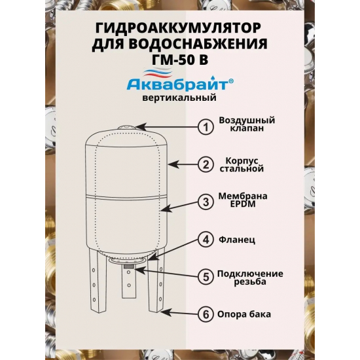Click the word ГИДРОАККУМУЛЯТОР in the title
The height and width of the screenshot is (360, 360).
click(179, 29)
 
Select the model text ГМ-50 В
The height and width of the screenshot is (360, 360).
click(180, 59)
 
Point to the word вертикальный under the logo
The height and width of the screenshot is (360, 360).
click(179, 98)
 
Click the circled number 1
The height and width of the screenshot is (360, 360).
click(206, 127)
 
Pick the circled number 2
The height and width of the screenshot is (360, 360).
click(206, 164)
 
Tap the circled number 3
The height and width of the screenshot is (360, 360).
click(206, 202)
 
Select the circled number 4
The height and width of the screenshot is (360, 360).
click(206, 240)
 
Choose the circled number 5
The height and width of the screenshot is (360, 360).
click(206, 277)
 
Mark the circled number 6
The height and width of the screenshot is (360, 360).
click(206, 314)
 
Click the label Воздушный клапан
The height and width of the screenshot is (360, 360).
click(247, 124)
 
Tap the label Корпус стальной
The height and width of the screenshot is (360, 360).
click(242, 164)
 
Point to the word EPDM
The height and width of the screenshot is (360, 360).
click(243, 204)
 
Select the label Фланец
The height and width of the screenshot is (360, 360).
click(237, 240)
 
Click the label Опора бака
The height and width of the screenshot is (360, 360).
click(244, 314)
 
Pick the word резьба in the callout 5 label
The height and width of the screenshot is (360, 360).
click(250, 281)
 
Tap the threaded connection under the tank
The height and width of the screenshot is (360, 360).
click(129, 266)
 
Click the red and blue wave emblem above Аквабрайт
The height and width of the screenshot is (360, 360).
click(157, 73)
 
